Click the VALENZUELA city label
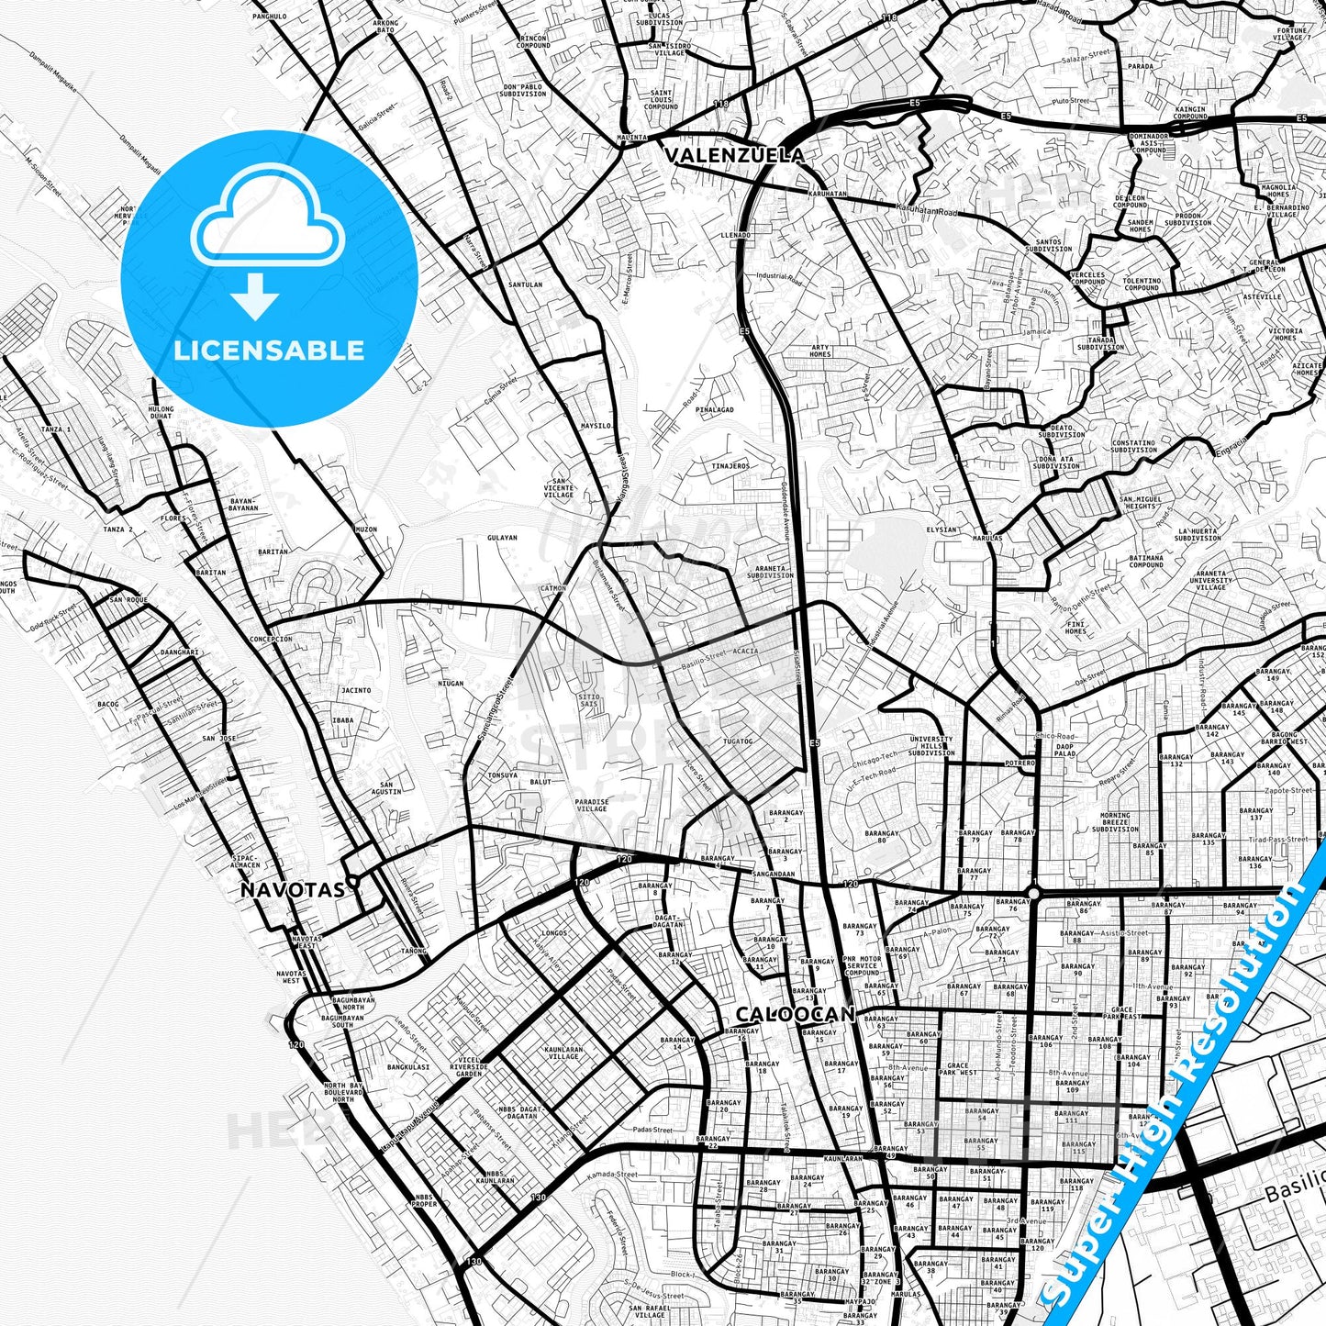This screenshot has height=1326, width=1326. pyautogui.click(x=733, y=154)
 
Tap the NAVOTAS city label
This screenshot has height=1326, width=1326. pyautogui.click(x=293, y=889)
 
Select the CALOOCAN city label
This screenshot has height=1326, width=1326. pyautogui.click(x=795, y=1014)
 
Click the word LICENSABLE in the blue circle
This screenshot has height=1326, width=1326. pyautogui.click(x=269, y=350)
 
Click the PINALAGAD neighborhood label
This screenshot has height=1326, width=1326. pyautogui.click(x=714, y=409)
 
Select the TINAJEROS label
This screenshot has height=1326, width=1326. pyautogui.click(x=730, y=466)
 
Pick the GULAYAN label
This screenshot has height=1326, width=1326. pyautogui.click(x=502, y=538)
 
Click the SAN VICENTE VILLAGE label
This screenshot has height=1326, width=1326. pyautogui.click(x=559, y=487)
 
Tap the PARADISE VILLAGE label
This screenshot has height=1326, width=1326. pyautogui.click(x=592, y=805)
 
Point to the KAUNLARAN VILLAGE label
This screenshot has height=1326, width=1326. pyautogui.click(x=563, y=1053)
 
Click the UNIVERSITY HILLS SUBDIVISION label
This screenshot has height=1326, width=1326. pyautogui.click(x=931, y=745)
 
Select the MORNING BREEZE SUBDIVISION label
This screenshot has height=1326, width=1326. pyautogui.click(x=1115, y=821)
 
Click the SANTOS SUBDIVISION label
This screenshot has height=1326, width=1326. pyautogui.click(x=1048, y=245)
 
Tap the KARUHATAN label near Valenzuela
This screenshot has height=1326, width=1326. pyautogui.click(x=828, y=195)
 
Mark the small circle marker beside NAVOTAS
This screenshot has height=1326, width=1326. pyautogui.click(x=351, y=879)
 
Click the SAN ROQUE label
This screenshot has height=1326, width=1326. pyautogui.click(x=128, y=600)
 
